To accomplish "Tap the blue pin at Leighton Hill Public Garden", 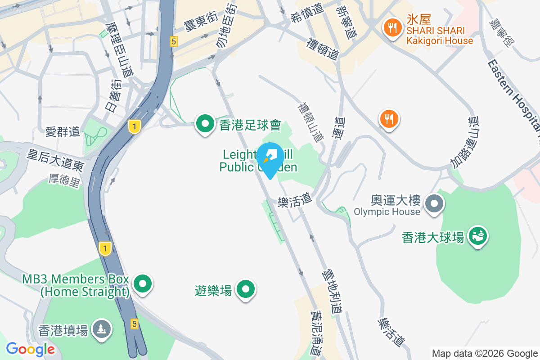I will click(x=270, y=159).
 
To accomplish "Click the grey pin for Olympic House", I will click(x=435, y=204).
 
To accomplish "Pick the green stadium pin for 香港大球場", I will click(x=478, y=236).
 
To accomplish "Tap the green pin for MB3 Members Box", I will click(x=143, y=284).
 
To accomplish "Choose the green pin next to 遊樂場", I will click(x=246, y=289).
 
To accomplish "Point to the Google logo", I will click(x=31, y=349).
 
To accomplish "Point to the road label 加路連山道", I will click(x=463, y=142).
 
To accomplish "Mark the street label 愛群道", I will click(x=63, y=131).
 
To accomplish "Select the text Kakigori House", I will click(x=440, y=41).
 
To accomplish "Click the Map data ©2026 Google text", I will click(x=485, y=353).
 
